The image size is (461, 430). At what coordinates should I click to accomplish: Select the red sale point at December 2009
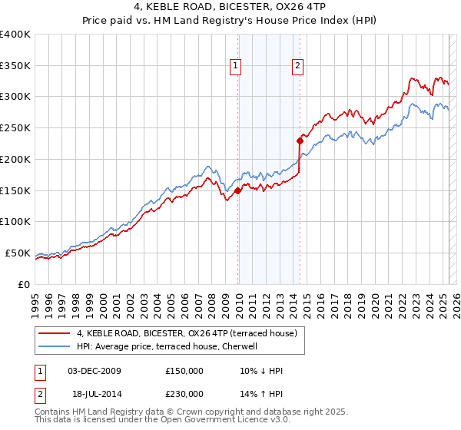[238, 191]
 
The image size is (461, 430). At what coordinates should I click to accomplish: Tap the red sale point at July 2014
[300, 141]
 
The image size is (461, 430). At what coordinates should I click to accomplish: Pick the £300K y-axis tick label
[15, 97]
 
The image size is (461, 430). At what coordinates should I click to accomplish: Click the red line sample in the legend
[54, 333]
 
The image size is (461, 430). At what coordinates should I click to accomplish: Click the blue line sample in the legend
[54, 346]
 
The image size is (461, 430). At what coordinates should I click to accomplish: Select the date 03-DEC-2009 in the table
[94, 371]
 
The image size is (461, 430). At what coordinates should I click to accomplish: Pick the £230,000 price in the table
[184, 393]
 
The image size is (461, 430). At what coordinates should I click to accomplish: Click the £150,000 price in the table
[184, 371]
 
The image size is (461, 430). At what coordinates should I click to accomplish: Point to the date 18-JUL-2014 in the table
[93, 393]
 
